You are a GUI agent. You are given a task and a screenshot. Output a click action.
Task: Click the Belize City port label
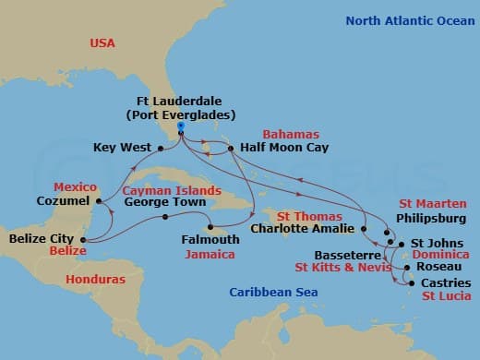click(40, 238)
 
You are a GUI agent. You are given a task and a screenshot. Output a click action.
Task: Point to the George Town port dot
click(165, 218)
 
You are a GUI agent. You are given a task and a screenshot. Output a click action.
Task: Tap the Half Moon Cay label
click(278, 147)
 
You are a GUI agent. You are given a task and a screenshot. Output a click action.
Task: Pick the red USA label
click(108, 43)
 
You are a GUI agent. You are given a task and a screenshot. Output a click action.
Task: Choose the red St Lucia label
click(445, 296)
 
